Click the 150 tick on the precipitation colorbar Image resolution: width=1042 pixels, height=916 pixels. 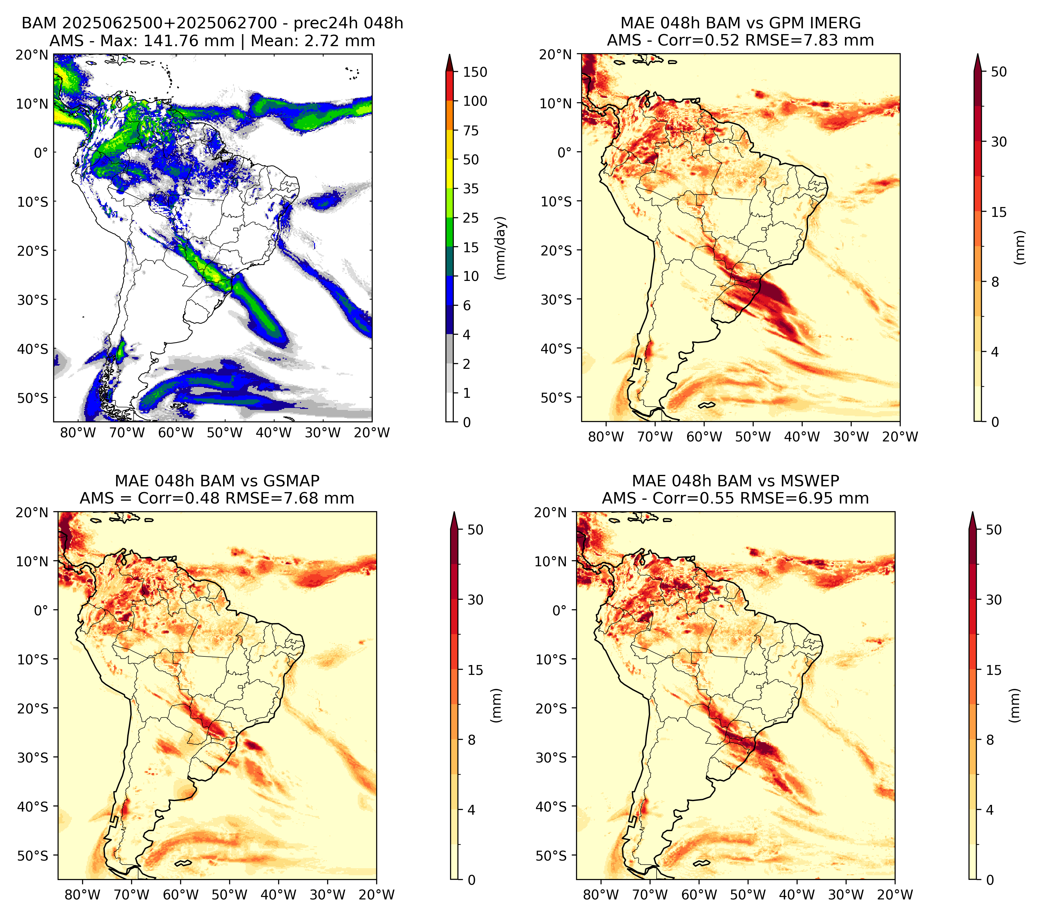point(475,72)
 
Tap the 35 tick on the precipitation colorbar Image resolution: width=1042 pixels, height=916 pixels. point(470,189)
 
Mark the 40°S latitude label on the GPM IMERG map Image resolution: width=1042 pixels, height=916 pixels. point(556,349)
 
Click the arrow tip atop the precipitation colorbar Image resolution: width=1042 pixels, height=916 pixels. point(449,54)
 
